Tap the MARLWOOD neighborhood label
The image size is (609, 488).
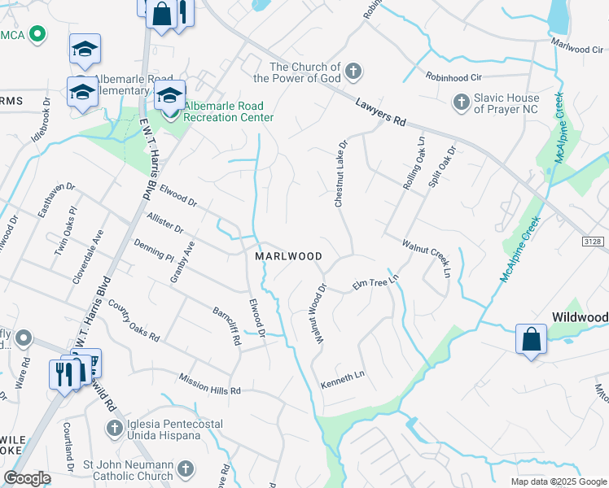tap(289, 256)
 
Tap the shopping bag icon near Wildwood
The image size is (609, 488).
tap(531, 339)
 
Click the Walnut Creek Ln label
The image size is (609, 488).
tap(426, 256)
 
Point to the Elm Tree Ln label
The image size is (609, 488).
tap(375, 285)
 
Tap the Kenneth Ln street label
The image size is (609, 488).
tap(343, 378)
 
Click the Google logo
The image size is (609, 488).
tap(28, 478)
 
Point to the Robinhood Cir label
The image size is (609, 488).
tap(454, 76)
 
